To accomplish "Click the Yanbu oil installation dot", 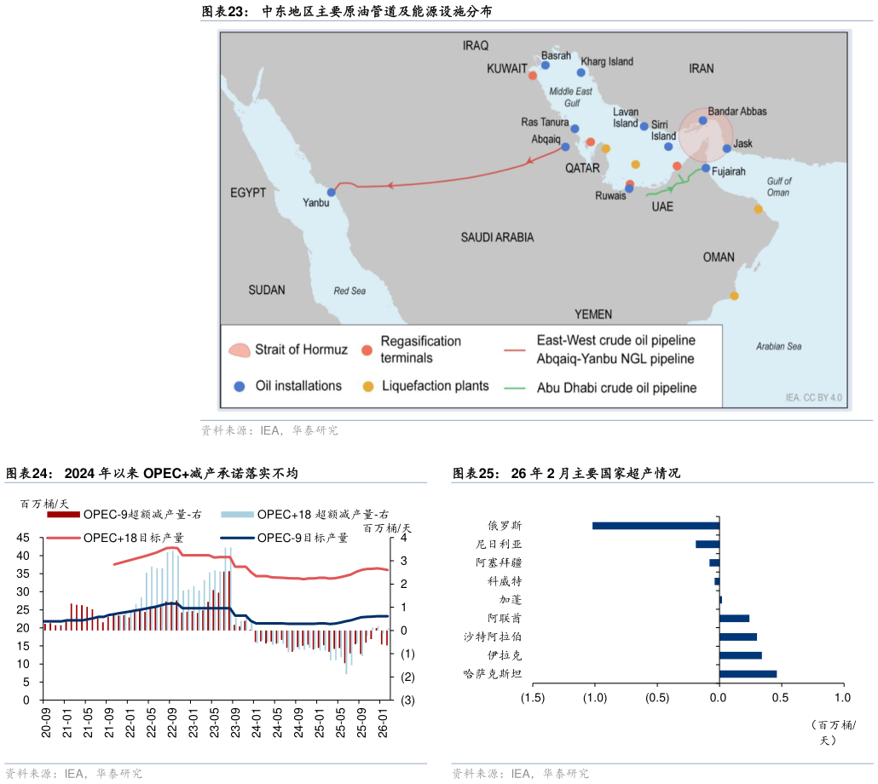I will click(332, 192).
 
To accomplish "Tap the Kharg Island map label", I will click(607, 61).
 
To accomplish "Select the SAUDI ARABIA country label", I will click(497, 237).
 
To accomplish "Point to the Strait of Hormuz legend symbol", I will click(240, 349).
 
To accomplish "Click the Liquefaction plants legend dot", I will click(368, 386).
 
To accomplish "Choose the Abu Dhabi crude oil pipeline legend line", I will click(514, 388).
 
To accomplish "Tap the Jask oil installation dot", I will click(727, 148).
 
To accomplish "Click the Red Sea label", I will click(349, 291).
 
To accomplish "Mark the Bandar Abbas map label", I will click(737, 112).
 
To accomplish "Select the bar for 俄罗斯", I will click(656, 526).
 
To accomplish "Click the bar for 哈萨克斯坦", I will click(748, 674).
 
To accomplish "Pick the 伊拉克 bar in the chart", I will click(740, 655).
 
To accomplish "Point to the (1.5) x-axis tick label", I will click(533, 699).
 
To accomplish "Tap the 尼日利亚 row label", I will click(500, 545).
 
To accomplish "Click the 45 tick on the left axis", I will click(23, 538).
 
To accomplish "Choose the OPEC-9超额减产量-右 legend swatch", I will click(63, 514).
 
